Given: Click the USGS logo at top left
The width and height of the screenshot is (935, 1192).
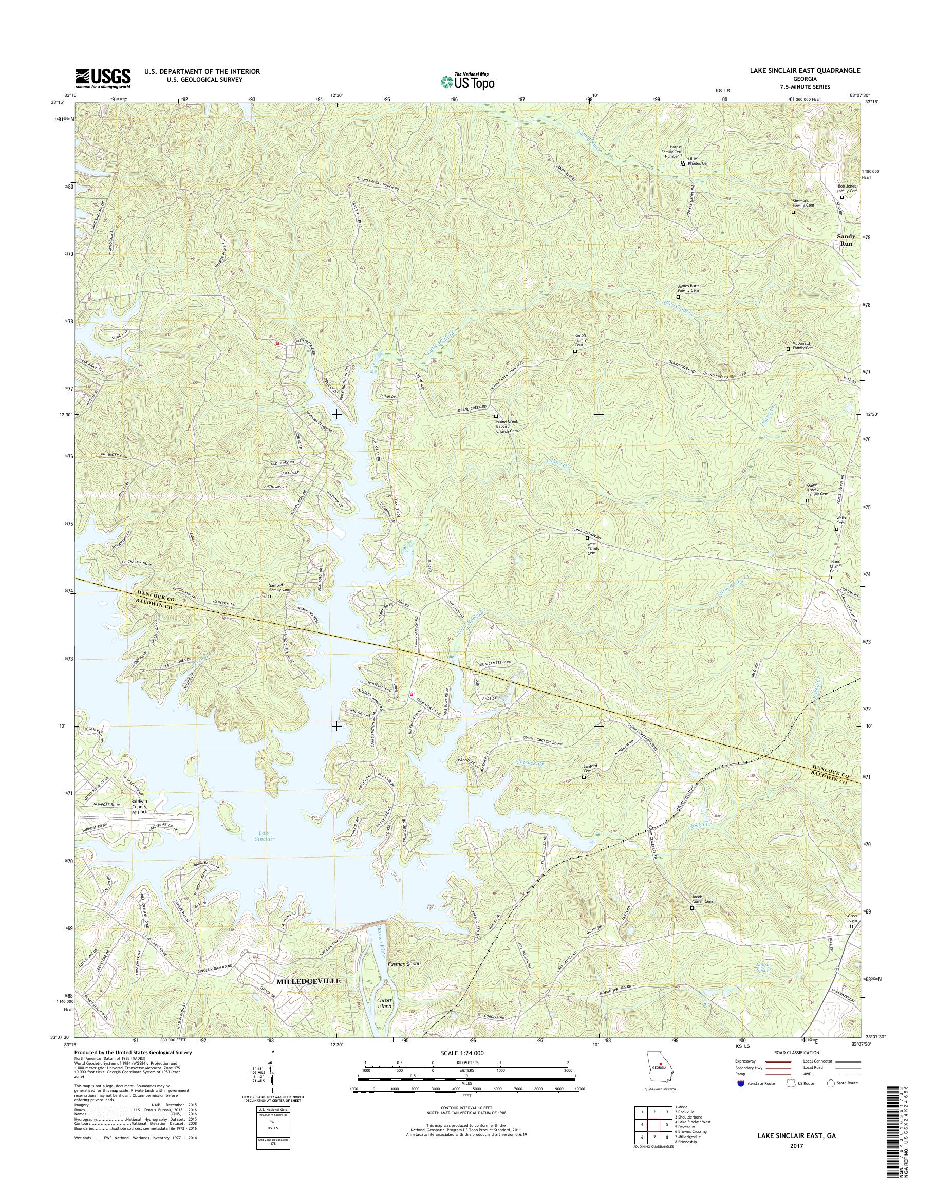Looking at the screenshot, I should [103, 79].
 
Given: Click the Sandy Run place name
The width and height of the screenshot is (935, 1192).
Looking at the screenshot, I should [846, 240].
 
